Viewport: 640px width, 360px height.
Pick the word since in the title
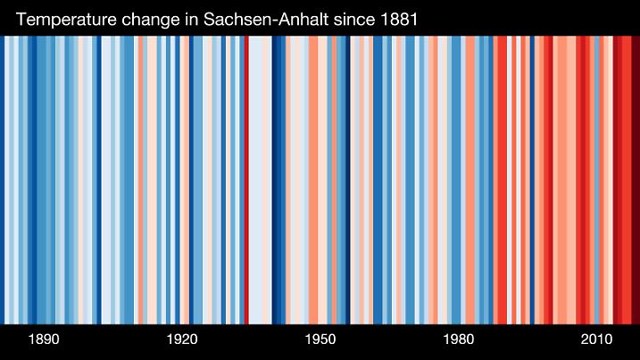tap(353, 18)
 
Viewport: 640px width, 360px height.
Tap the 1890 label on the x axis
tap(44, 340)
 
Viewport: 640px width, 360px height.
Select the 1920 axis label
tap(182, 340)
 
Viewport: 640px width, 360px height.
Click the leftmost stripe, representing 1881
tap(3, 179)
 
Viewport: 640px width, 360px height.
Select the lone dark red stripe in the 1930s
tap(246, 179)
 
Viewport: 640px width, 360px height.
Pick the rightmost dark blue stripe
tap(532, 179)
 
